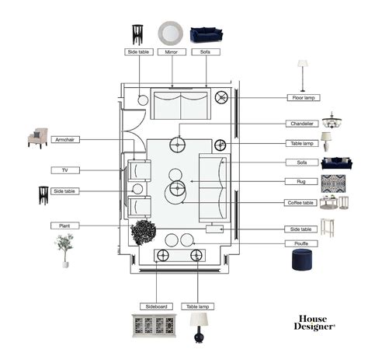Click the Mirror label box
tap(172, 52)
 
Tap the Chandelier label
tap(302, 124)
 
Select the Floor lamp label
tap(304, 98)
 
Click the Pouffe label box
tap(301, 243)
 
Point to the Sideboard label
tap(156, 306)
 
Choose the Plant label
tap(64, 225)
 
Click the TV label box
tap(65, 170)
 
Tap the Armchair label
tap(65, 140)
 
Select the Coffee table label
tap(300, 203)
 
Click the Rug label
tap(301, 181)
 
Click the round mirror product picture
tap(171, 33)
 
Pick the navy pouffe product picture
tap(302, 259)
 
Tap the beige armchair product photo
tap(38, 138)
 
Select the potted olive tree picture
tap(64, 250)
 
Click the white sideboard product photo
tap(154, 326)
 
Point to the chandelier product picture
tap(332, 121)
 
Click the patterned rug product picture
tap(333, 183)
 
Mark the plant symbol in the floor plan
tap(143, 232)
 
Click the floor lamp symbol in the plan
tap(221, 97)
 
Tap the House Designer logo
tap(314, 323)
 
